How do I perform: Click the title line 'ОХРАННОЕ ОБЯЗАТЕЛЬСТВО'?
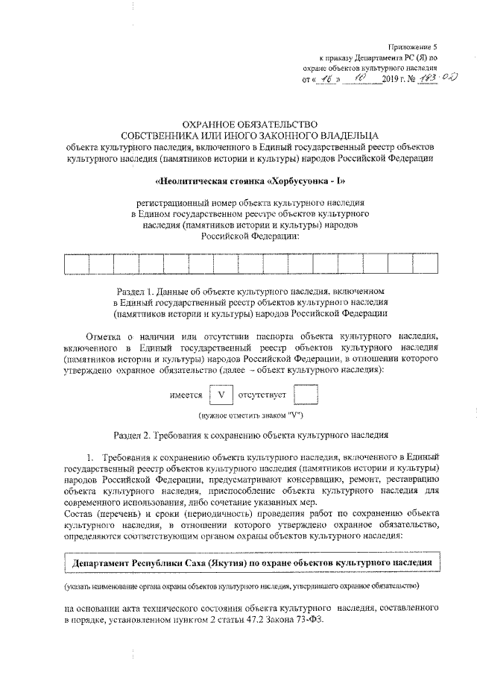pyautogui.click(x=238, y=123)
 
